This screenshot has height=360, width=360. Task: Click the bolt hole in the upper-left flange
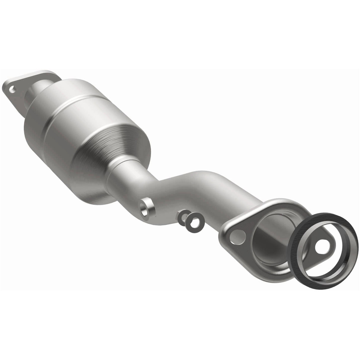[12, 88]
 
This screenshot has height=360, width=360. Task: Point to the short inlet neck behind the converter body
[39, 88]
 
